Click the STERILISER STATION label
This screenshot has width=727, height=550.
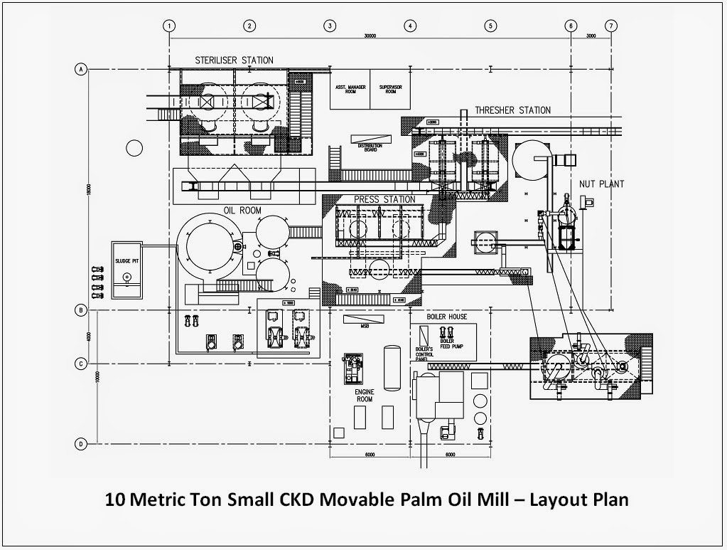coord(234,60)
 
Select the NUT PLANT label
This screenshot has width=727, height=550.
coord(601,184)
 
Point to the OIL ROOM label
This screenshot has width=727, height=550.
coord(242,210)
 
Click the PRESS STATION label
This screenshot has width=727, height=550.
coord(384,199)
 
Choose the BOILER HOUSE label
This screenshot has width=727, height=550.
coord(447,316)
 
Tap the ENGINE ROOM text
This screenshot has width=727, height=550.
coord(364,395)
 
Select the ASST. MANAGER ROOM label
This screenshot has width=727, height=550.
coord(350,90)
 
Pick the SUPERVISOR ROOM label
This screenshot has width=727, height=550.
coord(390,90)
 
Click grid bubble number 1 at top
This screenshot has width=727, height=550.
coord(169,26)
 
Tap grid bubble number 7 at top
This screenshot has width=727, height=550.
coord(611,26)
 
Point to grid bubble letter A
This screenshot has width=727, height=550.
coord(81,70)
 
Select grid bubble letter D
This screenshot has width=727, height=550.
coord(81,444)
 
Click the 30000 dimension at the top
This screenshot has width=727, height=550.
coord(370,35)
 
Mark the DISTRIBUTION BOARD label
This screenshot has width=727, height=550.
coord(371,147)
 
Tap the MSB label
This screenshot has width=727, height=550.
coord(364,327)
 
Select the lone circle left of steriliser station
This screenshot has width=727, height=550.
coord(133,148)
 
